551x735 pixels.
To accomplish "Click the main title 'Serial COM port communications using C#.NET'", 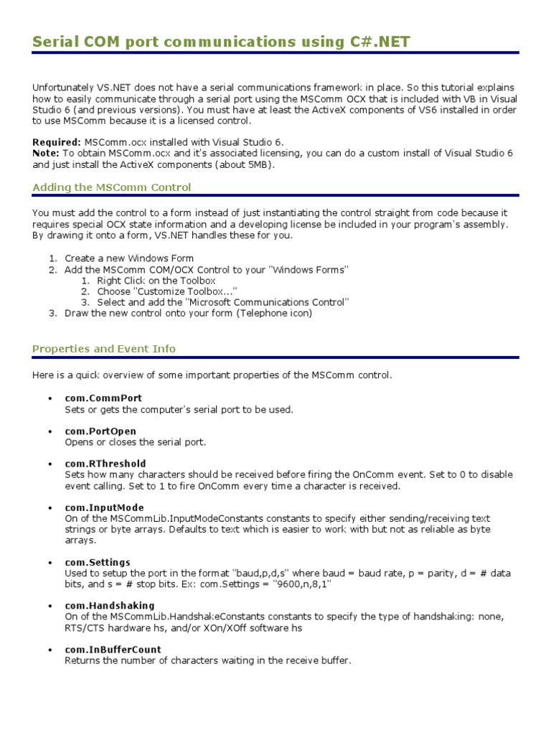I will tap(221, 42).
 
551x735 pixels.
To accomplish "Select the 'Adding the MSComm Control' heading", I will tap(112, 187).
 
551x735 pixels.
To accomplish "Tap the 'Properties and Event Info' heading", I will tap(104, 349).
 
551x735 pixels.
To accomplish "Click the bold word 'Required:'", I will tap(57, 143).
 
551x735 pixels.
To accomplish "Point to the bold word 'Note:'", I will tap(46, 154).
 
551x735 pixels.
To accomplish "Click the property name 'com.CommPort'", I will tap(103, 398).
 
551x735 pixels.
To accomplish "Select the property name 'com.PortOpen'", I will tap(100, 431).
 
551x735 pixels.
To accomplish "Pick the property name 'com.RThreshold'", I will tap(105, 464).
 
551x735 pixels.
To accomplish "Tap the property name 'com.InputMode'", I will tap(104, 507).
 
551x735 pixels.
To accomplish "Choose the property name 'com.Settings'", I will tap(98, 562).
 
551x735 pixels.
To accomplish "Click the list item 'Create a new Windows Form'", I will tap(129, 258).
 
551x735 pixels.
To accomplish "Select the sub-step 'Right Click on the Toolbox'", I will tap(156, 281).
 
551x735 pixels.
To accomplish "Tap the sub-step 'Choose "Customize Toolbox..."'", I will tap(167, 291).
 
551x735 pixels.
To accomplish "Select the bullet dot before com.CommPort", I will tap(50, 398).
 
